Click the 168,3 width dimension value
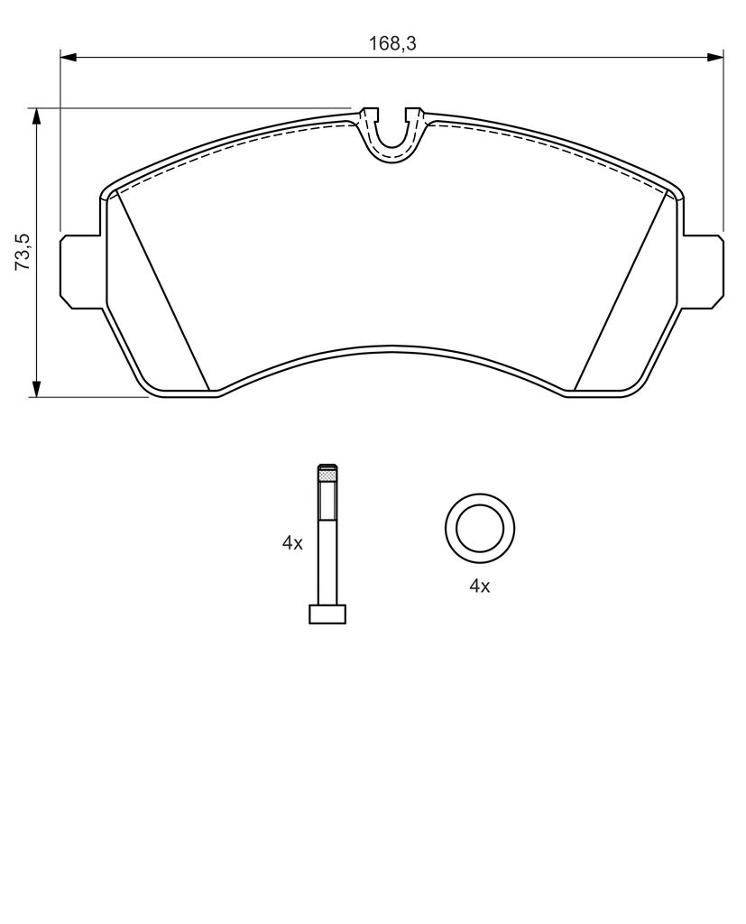click(x=392, y=43)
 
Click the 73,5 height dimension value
click(x=22, y=252)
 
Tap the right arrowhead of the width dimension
click(x=714, y=57)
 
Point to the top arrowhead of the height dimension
click(x=37, y=116)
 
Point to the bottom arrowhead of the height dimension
click(x=37, y=388)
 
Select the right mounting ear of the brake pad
click(x=701, y=271)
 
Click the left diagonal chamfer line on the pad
click(x=164, y=291)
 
